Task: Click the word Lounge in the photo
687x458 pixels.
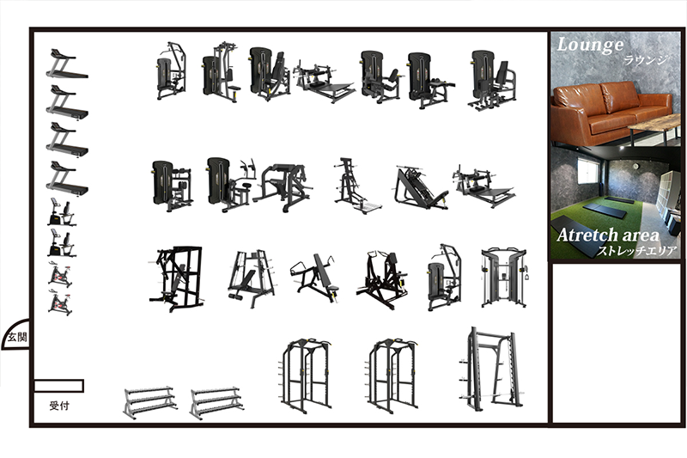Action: (590, 46)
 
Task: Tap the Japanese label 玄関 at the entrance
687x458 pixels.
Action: (17, 337)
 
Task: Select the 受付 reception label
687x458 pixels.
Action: (59, 406)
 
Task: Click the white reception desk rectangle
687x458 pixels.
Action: (58, 386)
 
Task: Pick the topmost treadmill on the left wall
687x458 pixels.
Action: (67, 64)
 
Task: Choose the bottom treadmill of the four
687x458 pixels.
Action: (67, 179)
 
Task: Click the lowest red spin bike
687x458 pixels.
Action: (60, 302)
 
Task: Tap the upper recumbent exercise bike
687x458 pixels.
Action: (61, 212)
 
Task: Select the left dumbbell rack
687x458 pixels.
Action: (149, 402)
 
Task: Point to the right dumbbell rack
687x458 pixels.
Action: (216, 402)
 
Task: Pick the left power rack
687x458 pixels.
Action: (305, 376)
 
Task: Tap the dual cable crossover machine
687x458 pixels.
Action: (504, 278)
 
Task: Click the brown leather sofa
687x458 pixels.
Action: (611, 113)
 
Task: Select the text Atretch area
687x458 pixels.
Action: (608, 235)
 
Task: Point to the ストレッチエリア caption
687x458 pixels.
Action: (637, 251)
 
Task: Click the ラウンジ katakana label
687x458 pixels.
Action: (646, 60)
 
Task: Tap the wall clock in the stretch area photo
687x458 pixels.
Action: (635, 166)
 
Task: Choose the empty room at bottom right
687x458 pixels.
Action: (617, 343)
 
